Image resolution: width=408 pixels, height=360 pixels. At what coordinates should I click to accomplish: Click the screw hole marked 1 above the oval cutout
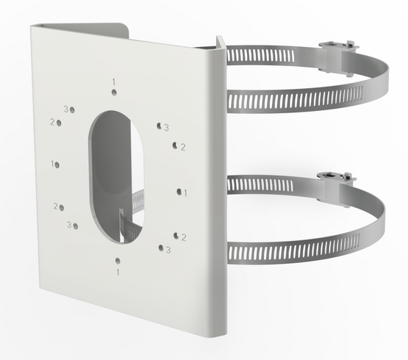pyautogui.click(x=114, y=92)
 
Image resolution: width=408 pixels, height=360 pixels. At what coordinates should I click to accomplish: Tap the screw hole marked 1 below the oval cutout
pyautogui.click(x=118, y=261)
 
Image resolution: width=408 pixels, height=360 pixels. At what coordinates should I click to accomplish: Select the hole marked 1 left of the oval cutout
pyautogui.click(x=57, y=165)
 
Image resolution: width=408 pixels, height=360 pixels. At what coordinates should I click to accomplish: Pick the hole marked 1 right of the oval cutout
pyautogui.click(x=179, y=192)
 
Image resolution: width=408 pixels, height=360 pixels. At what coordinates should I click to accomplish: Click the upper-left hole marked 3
pyautogui.click(x=72, y=110)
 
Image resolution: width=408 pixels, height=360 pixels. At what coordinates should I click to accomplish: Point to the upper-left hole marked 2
pyautogui.click(x=59, y=123)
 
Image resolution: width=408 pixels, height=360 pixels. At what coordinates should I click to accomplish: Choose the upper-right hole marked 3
pyautogui.click(x=159, y=126)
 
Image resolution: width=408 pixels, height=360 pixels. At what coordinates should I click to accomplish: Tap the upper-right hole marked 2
pyautogui.click(x=175, y=145)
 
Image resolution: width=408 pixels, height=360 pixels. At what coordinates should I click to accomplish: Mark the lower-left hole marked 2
pyautogui.click(x=62, y=208)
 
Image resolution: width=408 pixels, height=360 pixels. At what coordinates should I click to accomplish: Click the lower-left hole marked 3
pyautogui.click(x=76, y=226)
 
